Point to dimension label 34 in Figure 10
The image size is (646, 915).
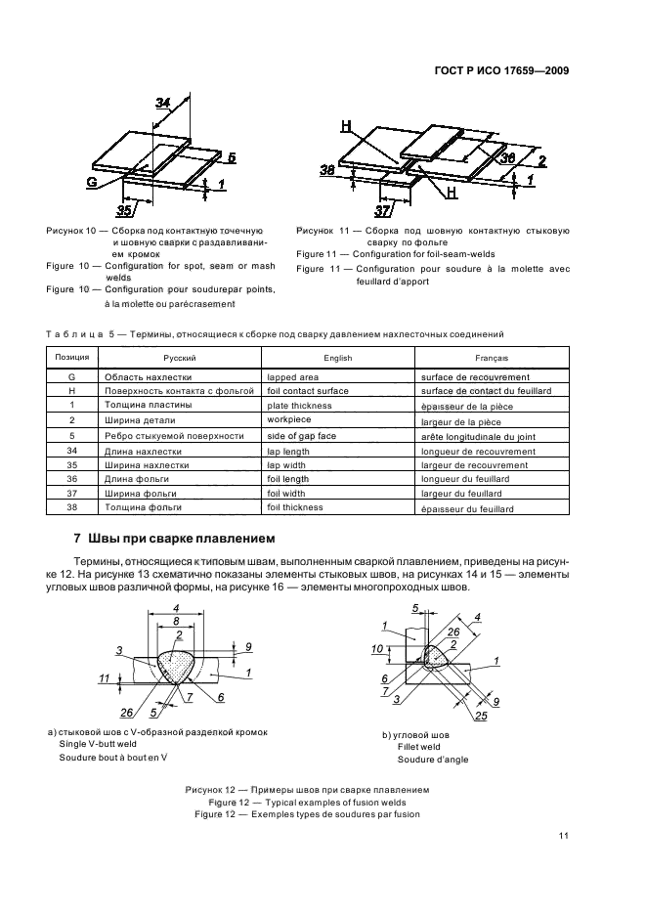click(163, 102)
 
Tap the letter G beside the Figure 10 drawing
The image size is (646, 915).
click(91, 181)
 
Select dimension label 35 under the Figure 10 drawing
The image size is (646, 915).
click(123, 208)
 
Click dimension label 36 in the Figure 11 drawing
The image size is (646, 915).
click(508, 156)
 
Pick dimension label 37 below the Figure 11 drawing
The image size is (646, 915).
click(383, 210)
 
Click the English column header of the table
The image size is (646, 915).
click(337, 359)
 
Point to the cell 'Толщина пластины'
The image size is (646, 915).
click(138, 406)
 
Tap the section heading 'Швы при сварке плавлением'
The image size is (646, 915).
click(186, 540)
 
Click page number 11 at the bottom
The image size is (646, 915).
click(563, 835)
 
